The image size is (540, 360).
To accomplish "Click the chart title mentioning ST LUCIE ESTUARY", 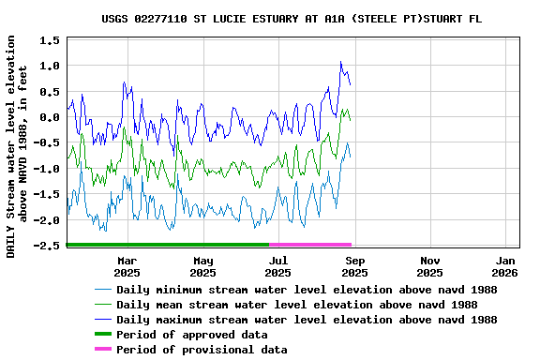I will tap(292, 19).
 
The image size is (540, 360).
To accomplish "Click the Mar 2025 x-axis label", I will tap(127, 266).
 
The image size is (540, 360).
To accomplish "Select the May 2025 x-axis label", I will tap(202, 266).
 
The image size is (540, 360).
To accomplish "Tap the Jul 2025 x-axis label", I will tap(278, 266).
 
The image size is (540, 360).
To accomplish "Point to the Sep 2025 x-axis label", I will tap(354, 266).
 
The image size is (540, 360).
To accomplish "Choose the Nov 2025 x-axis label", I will tap(429, 266).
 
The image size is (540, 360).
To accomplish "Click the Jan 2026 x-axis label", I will tap(505, 266).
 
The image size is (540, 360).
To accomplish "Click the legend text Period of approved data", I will tap(202, 335).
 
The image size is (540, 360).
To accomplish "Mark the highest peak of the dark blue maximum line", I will tap(341, 62).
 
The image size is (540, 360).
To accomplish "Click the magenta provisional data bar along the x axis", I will tap(309, 244).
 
